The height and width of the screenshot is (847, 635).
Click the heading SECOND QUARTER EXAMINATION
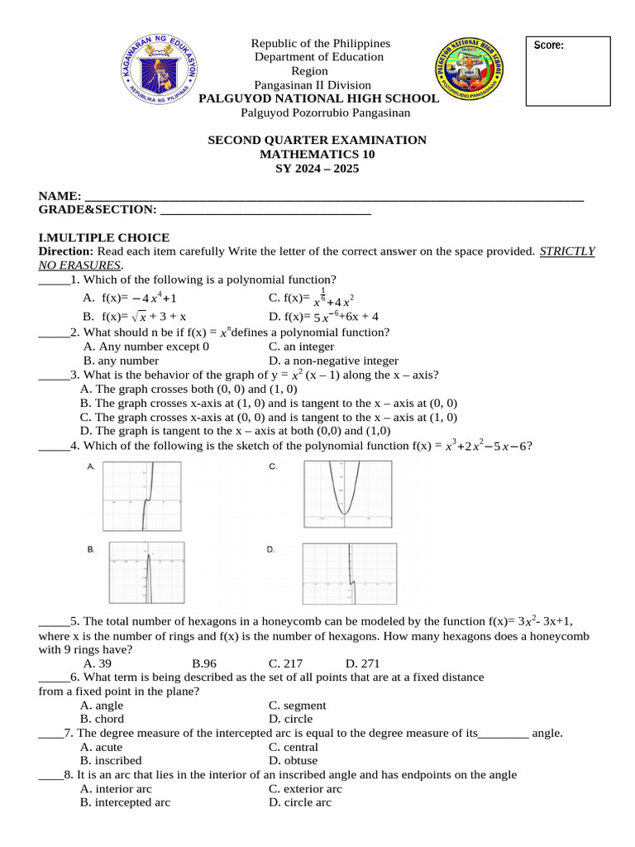pyautogui.click(x=317, y=140)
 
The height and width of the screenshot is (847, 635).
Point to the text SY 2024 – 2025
pyautogui.click(x=317, y=168)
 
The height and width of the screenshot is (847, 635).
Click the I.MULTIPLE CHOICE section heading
pyautogui.click(x=104, y=237)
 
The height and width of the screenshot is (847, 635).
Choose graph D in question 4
pyautogui.click(x=350, y=575)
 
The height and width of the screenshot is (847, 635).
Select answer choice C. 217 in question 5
pyautogui.click(x=286, y=663)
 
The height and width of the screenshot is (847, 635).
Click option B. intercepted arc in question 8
pyautogui.click(x=125, y=802)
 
